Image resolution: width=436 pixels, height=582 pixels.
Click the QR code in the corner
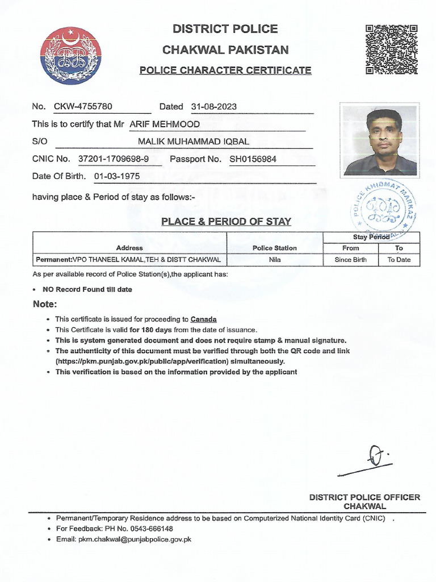[x=392, y=49]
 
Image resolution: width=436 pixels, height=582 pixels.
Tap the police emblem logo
[x=70, y=56]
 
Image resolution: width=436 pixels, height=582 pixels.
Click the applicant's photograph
[x=380, y=140]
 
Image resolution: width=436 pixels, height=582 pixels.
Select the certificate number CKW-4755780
[x=83, y=106]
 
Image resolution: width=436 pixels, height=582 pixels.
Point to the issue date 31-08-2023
[x=214, y=106]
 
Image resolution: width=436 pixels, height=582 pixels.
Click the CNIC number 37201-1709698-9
[x=114, y=159]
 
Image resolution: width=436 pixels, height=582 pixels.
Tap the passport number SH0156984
[x=253, y=159]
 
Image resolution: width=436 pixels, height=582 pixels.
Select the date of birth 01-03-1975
[x=117, y=176]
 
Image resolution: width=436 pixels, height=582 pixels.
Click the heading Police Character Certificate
[x=225, y=70]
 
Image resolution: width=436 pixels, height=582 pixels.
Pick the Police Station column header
[x=275, y=248]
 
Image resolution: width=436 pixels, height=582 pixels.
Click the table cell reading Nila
[x=275, y=260]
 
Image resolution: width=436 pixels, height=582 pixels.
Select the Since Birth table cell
[x=351, y=260]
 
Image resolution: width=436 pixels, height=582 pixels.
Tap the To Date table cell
[x=399, y=260]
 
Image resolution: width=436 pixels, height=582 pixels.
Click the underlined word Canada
[x=203, y=319]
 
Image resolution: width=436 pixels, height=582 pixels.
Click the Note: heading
[x=45, y=305]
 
